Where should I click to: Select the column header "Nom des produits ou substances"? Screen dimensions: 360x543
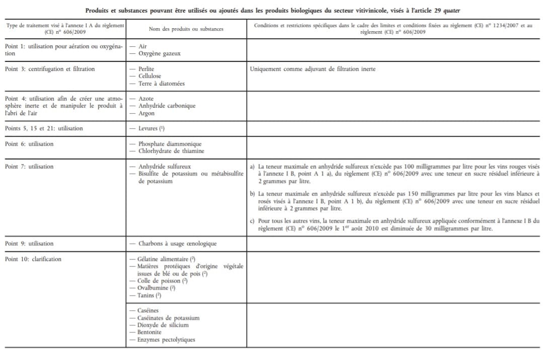point(186,29)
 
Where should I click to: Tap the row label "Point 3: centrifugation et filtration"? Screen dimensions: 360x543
point(50,69)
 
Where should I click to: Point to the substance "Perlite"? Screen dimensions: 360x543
point(146,69)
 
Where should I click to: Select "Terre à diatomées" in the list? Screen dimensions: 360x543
point(161,83)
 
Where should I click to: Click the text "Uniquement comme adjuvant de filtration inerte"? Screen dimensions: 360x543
point(313,69)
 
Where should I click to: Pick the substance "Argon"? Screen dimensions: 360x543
point(146,113)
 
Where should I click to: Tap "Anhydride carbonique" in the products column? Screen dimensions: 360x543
point(167,106)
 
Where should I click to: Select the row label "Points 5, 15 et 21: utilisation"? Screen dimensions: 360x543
point(44,129)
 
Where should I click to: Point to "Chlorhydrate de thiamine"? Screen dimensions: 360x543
point(171,151)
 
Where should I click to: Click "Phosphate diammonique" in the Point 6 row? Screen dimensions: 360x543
point(170,144)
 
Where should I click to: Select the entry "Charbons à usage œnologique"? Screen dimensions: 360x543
point(177,244)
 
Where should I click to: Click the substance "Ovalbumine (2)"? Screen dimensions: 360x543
point(156,288)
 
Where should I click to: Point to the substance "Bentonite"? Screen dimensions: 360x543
point(149,332)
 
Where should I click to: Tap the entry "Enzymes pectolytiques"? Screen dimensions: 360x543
point(166,340)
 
